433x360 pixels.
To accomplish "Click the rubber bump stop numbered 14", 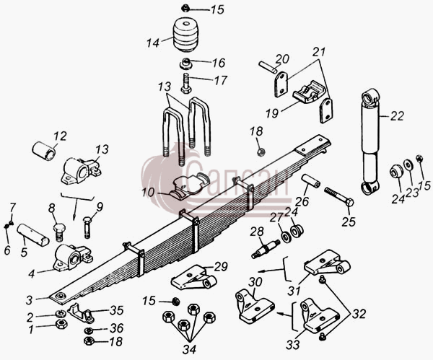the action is (186, 35).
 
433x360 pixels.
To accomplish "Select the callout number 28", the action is (257, 232).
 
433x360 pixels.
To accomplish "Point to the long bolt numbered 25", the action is (339, 197).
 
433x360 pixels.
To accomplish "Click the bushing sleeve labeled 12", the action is (44, 151).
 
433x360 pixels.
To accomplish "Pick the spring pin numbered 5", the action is (33, 235).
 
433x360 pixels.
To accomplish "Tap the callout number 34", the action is (189, 349).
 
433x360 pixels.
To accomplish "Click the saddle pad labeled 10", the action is (190, 185).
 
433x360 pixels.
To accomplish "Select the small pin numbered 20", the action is (268, 68).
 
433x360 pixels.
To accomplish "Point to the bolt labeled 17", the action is (186, 83).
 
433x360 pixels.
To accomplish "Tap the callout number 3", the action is (30, 300).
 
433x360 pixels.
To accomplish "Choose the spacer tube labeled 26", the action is (310, 180).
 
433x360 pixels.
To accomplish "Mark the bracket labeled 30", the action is (254, 306).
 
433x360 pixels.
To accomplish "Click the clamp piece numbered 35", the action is (81, 313).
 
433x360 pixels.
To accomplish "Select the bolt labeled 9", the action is (87, 228).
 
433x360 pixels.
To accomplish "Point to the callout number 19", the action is (272, 113).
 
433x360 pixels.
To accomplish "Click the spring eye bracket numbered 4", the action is (73, 258).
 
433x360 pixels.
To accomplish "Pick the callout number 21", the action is (319, 52).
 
